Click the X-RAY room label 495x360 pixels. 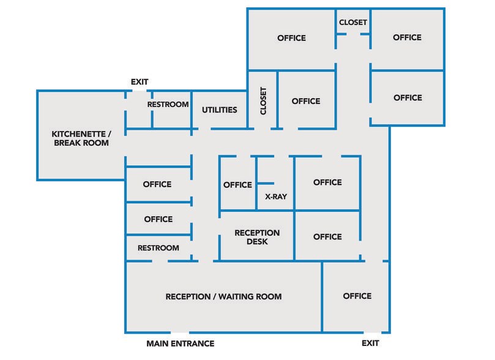pyautogui.click(x=276, y=197)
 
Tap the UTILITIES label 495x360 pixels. pyautogui.click(x=220, y=110)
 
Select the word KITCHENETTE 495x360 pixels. pyautogui.click(x=78, y=134)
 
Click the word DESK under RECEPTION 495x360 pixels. pyautogui.click(x=257, y=242)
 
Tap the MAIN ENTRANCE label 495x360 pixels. pyautogui.click(x=181, y=343)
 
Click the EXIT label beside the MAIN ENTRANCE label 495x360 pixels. pyautogui.click(x=370, y=343)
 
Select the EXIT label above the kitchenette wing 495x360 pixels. pyautogui.click(x=140, y=82)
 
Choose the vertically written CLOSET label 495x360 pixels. pyautogui.click(x=263, y=101)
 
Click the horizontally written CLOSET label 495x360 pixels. pyautogui.click(x=353, y=23)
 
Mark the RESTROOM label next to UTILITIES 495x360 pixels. pyautogui.click(x=168, y=104)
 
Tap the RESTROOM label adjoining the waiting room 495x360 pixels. pyautogui.click(x=158, y=248)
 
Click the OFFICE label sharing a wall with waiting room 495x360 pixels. pyautogui.click(x=357, y=296)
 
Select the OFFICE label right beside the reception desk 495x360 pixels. pyautogui.click(x=327, y=236)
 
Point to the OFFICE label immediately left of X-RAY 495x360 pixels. pyautogui.click(x=237, y=185)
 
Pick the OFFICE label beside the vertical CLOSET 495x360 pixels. pyautogui.click(x=306, y=101)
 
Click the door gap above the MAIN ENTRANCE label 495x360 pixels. pyautogui.click(x=180, y=332)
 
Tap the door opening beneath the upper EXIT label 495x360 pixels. pyautogui.click(x=140, y=91)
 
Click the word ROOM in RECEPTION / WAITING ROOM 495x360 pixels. pyautogui.click(x=271, y=296)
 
